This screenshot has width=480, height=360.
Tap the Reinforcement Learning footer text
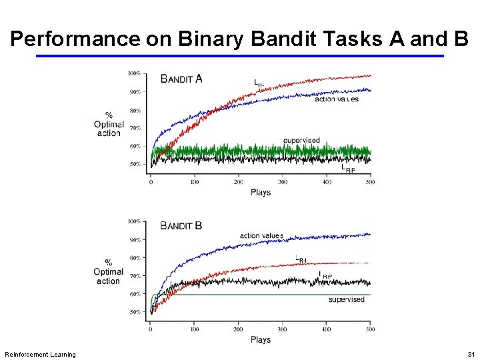tap(40, 354)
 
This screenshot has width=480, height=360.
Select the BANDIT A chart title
tap(181, 79)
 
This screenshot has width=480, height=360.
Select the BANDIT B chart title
tap(181, 226)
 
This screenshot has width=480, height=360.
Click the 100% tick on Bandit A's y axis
tap(134, 73)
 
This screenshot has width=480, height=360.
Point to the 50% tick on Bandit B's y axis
tap(134, 311)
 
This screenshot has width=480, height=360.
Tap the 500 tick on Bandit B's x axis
tap(370, 329)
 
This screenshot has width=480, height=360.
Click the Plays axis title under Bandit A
tap(261, 192)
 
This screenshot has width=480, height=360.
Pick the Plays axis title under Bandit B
tap(261, 339)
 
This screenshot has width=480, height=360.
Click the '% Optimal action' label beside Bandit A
tap(109, 124)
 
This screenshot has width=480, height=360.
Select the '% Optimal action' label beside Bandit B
tap(109, 271)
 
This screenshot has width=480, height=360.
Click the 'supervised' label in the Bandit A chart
tap(301, 141)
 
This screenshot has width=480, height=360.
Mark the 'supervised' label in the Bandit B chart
tap(347, 299)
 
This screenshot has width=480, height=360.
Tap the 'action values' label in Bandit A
tap(336, 99)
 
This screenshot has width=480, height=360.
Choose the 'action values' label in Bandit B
tap(261, 235)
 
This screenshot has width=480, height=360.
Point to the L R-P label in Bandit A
tap(348, 169)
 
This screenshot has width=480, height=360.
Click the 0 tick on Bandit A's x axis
tap(151, 181)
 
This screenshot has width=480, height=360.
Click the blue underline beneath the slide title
tap(239, 56)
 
